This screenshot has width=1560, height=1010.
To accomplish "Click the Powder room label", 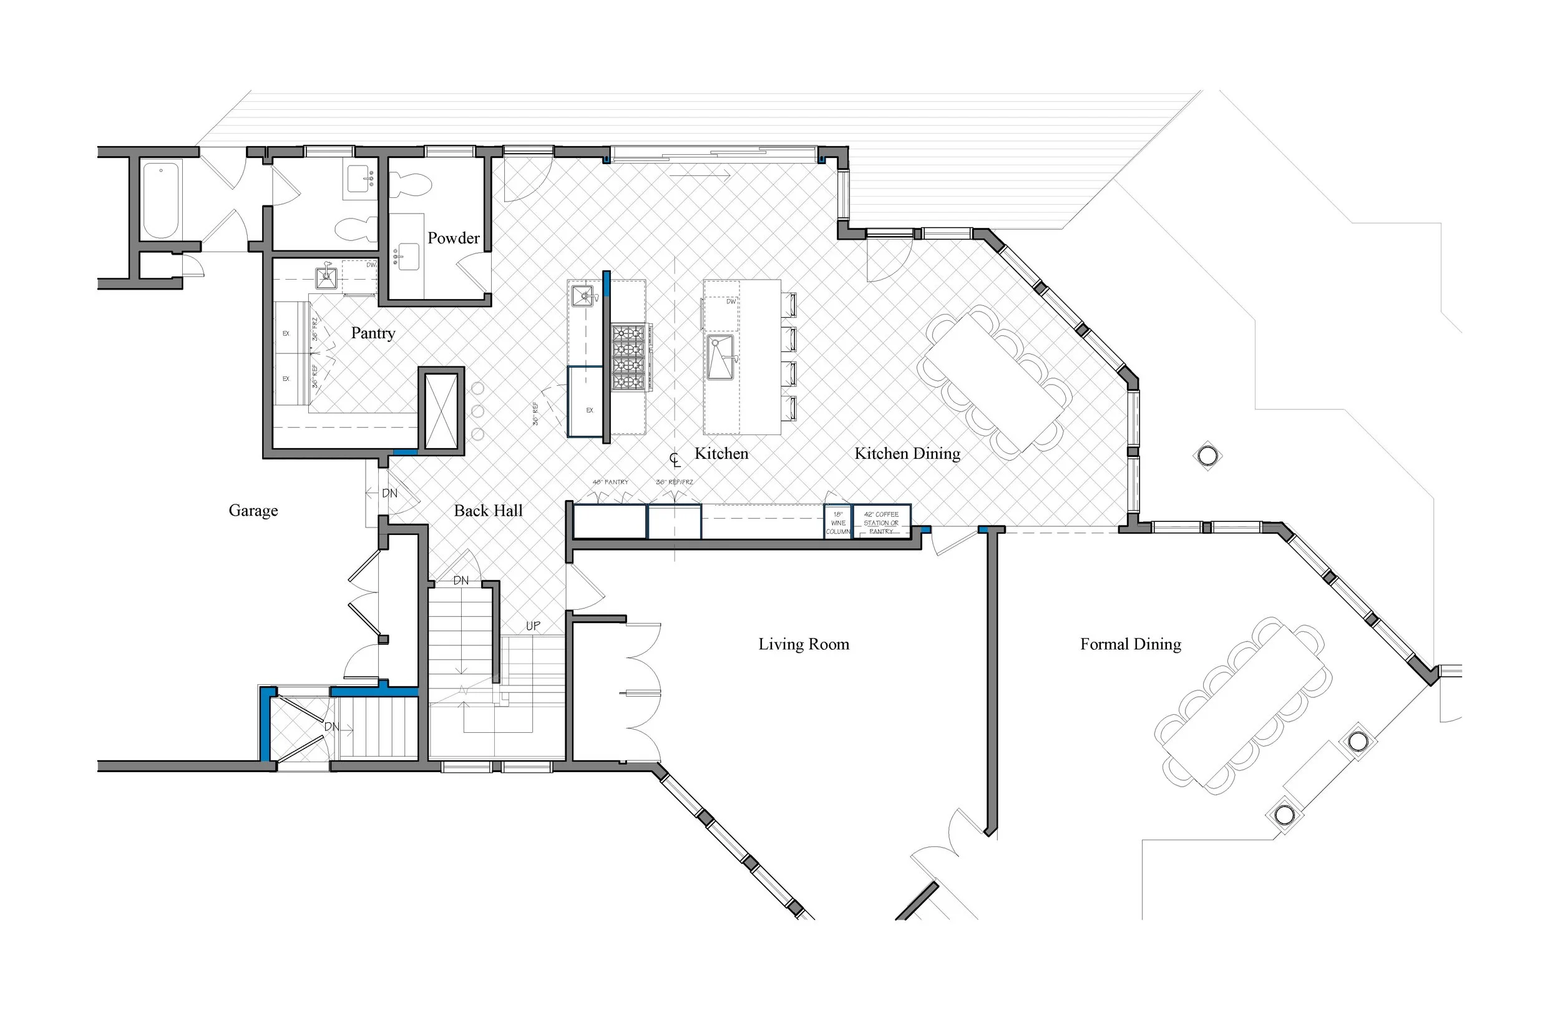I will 453,238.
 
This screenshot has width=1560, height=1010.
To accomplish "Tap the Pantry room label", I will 373,333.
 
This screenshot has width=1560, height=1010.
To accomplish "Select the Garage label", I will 253,510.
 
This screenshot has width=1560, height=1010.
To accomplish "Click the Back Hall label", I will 489,511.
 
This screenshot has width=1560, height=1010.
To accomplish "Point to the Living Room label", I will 804,644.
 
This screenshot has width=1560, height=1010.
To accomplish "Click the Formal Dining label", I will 1131,644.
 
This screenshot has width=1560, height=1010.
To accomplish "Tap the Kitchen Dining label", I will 907,453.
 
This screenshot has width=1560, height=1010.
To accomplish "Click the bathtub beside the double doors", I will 161,199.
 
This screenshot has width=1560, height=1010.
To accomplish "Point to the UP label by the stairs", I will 533,626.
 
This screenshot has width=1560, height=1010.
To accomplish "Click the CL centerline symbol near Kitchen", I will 675,458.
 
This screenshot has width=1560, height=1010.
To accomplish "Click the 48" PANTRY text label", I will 610,482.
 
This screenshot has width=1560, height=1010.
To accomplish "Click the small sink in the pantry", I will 326,278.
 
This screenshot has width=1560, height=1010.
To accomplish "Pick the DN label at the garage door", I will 389,493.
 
